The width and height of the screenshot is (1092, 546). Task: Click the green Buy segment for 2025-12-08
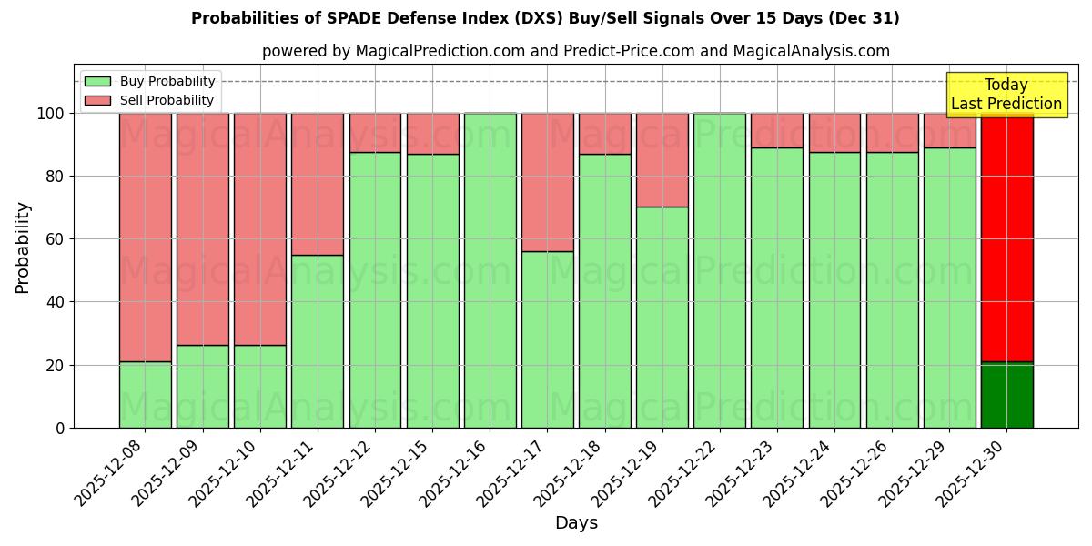pos(145,394)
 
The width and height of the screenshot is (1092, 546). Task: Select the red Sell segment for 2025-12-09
pos(202,228)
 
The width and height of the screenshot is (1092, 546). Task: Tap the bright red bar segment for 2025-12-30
pos(1006,237)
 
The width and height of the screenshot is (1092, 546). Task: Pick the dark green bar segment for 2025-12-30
pos(1006,395)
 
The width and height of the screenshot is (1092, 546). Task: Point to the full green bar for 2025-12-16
pos(490,270)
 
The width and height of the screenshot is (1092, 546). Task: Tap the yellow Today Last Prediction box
pos(1006,95)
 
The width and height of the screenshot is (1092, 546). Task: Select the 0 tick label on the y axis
pos(61,428)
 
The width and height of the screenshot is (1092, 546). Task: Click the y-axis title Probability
pos(23,247)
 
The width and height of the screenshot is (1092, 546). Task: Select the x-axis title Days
pos(576,523)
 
